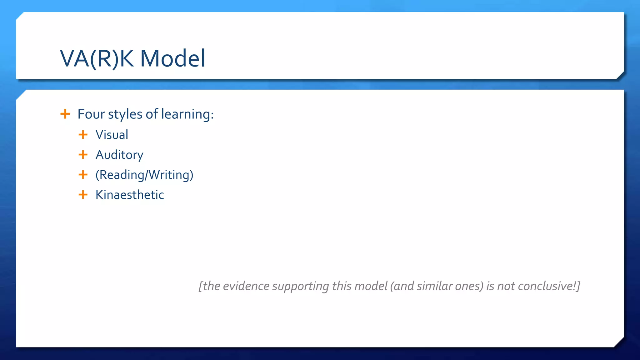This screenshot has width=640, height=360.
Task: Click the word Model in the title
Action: tap(172, 58)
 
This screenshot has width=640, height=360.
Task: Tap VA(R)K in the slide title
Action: tap(97, 58)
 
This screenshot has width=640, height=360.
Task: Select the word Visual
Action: tap(112, 135)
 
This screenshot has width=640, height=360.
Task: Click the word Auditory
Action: tap(119, 155)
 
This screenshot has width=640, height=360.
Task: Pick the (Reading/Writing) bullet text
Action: tap(144, 175)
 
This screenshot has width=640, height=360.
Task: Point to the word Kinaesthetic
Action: tap(129, 195)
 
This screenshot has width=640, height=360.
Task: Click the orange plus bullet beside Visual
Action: tap(83, 135)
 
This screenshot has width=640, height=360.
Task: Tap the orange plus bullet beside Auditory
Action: tap(83, 155)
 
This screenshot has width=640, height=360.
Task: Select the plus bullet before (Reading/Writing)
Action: tap(83, 175)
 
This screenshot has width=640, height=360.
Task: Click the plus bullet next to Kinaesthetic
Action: tap(83, 195)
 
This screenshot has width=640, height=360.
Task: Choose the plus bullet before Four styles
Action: tap(65, 114)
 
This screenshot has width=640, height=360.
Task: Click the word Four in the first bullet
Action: tap(91, 114)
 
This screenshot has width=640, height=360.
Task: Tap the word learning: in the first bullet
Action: tap(187, 114)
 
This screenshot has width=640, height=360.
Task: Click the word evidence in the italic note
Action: tap(246, 286)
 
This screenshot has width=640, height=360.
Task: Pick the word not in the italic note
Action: tap(506, 286)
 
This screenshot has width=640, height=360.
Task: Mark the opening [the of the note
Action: tap(209, 286)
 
